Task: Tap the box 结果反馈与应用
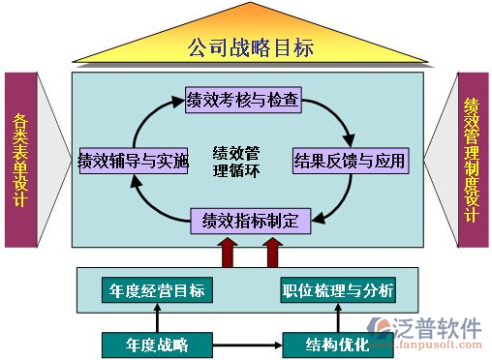[x=349, y=160]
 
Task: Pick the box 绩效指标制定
[x=250, y=220]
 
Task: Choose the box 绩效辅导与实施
[x=133, y=160]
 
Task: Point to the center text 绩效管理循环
[x=235, y=160]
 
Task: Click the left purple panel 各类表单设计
[x=19, y=160]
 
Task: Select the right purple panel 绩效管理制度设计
[x=472, y=160]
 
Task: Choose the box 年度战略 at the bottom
[x=157, y=344]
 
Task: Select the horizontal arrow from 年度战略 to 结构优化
[x=247, y=344]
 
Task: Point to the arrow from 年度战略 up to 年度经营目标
[x=157, y=317]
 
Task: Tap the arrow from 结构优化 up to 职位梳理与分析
[x=338, y=317]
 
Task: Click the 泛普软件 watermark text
[x=441, y=326]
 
